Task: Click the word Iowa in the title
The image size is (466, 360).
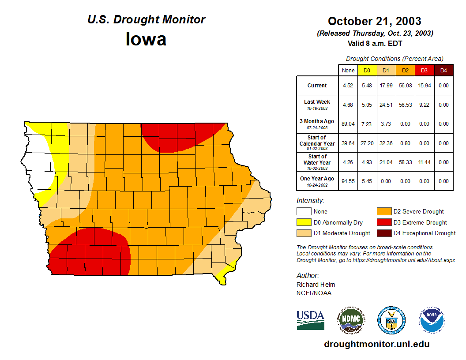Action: (146, 39)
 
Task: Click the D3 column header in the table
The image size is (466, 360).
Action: (424, 70)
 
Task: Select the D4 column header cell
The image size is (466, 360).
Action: (443, 70)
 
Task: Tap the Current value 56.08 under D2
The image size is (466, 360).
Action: (406, 86)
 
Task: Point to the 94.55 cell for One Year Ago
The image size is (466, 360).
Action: (348, 181)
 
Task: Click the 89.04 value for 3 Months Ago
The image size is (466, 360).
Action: (348, 124)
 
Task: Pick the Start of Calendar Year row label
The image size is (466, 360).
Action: (317, 143)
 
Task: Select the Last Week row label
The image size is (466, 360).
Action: (317, 105)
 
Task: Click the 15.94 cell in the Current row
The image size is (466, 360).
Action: (424, 86)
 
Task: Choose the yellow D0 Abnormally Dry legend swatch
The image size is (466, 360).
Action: (304, 222)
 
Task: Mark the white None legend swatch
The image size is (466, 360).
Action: (304, 212)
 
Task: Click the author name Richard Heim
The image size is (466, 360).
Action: (316, 285)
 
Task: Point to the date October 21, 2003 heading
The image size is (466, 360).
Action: (374, 21)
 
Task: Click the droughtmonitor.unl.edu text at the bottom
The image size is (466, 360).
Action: (376, 344)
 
